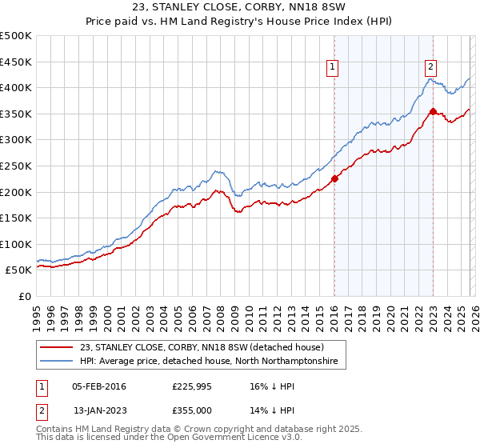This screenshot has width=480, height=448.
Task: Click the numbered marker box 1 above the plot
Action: point(333,67)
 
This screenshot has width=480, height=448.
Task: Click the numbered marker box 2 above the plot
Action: point(430,67)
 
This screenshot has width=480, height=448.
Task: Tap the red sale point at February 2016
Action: point(334,178)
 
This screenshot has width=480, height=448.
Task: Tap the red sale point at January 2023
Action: point(433,111)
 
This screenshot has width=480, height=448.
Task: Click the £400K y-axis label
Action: point(16,87)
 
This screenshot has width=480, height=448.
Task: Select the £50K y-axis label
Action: point(19,270)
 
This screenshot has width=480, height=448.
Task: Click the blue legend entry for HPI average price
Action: point(208,362)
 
